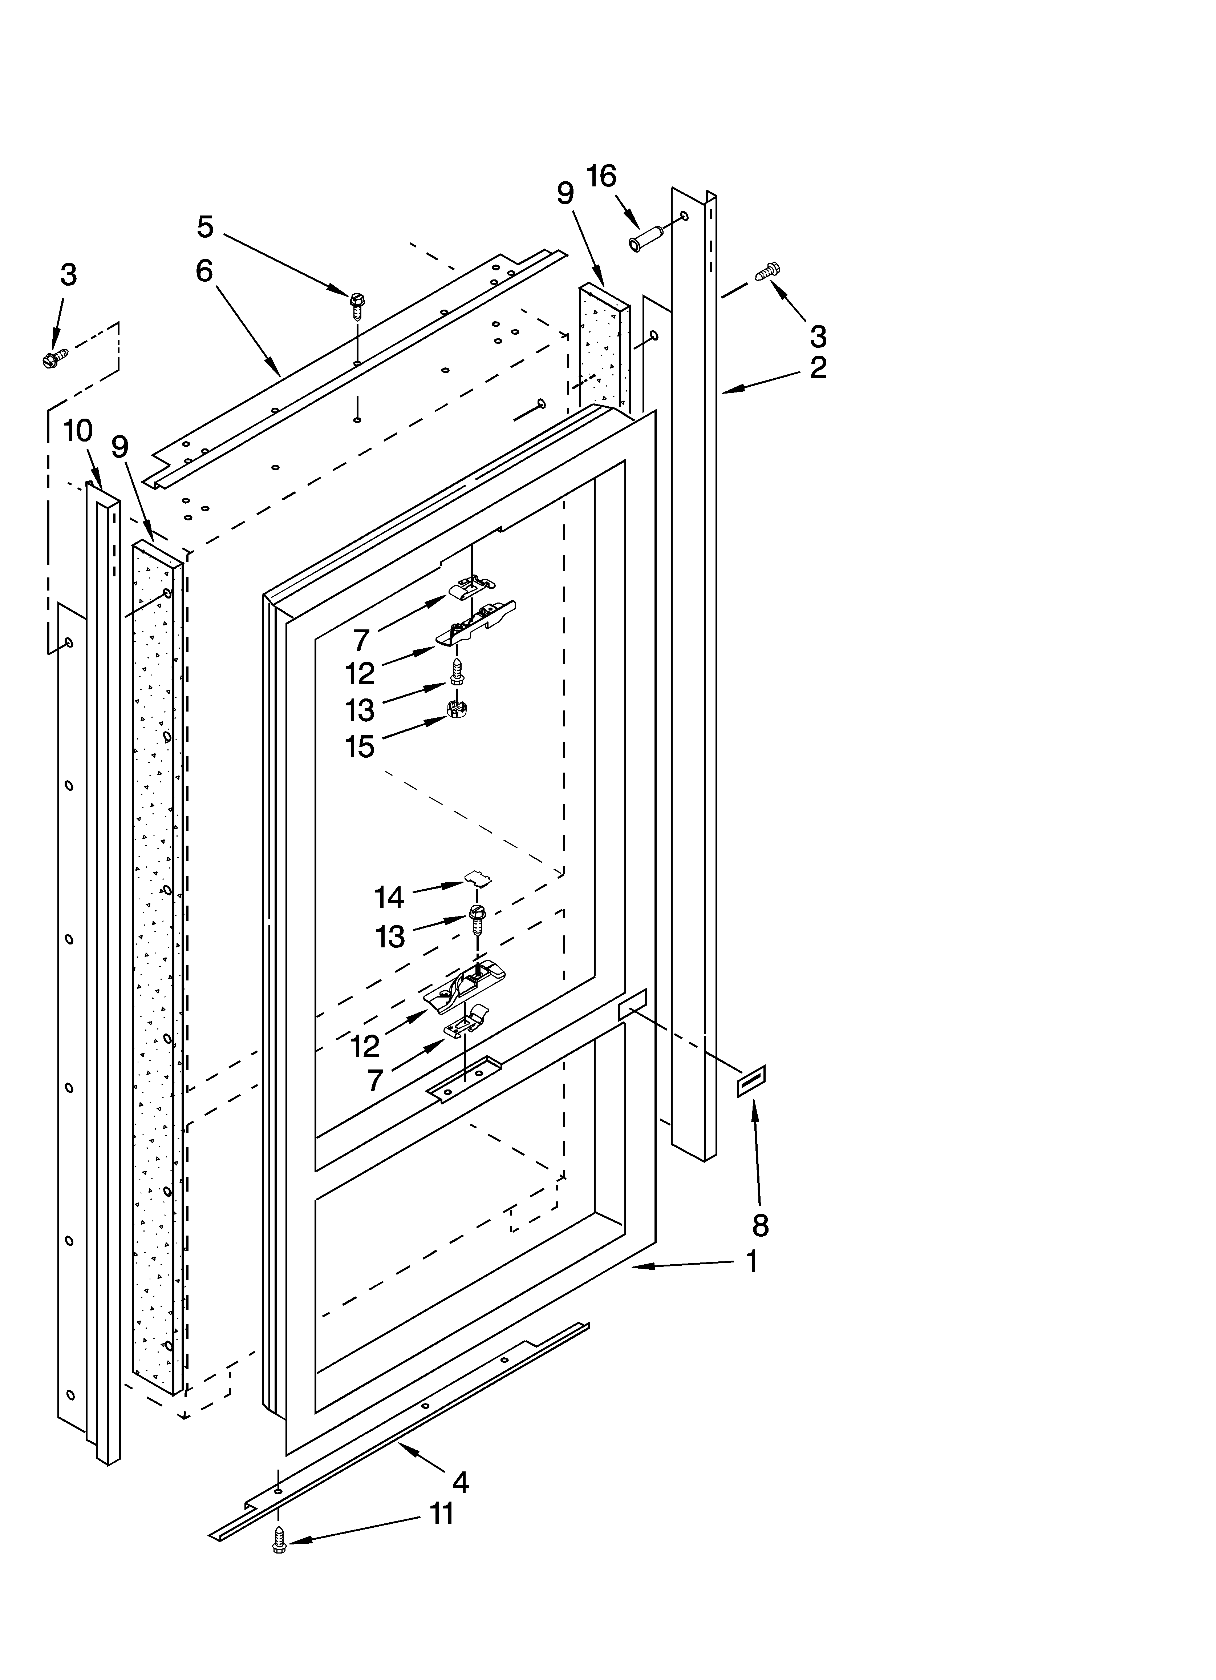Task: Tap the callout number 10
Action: pyautogui.click(x=78, y=430)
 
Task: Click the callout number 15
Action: pyautogui.click(x=360, y=747)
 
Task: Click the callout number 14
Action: pyautogui.click(x=389, y=898)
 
